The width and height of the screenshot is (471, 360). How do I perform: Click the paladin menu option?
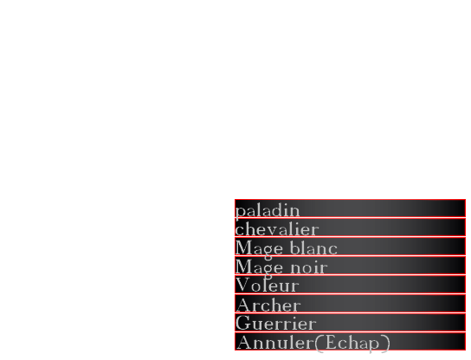point(350,209)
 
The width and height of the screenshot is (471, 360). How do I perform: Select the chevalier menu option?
point(350,228)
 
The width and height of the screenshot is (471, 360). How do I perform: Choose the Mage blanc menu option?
point(350,247)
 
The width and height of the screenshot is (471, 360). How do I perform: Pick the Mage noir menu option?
point(350,266)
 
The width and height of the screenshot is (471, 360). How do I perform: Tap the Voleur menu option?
point(350,285)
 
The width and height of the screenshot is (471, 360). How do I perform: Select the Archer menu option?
point(350,304)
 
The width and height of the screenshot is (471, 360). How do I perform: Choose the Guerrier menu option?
point(350,323)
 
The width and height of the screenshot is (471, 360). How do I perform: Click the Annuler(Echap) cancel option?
point(350,341)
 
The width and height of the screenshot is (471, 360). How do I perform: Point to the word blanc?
point(314,248)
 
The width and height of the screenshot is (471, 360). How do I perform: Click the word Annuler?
point(275,343)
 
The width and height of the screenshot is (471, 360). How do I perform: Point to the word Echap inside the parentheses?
point(352,344)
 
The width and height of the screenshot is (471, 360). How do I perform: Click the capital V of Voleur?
point(242,285)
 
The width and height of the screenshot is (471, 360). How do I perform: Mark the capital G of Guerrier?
point(243,323)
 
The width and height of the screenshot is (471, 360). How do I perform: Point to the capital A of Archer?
point(244,305)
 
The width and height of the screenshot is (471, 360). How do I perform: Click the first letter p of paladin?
point(240,212)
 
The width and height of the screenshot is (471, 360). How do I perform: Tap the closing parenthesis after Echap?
point(385,344)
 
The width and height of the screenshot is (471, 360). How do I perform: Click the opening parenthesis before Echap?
point(319,344)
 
